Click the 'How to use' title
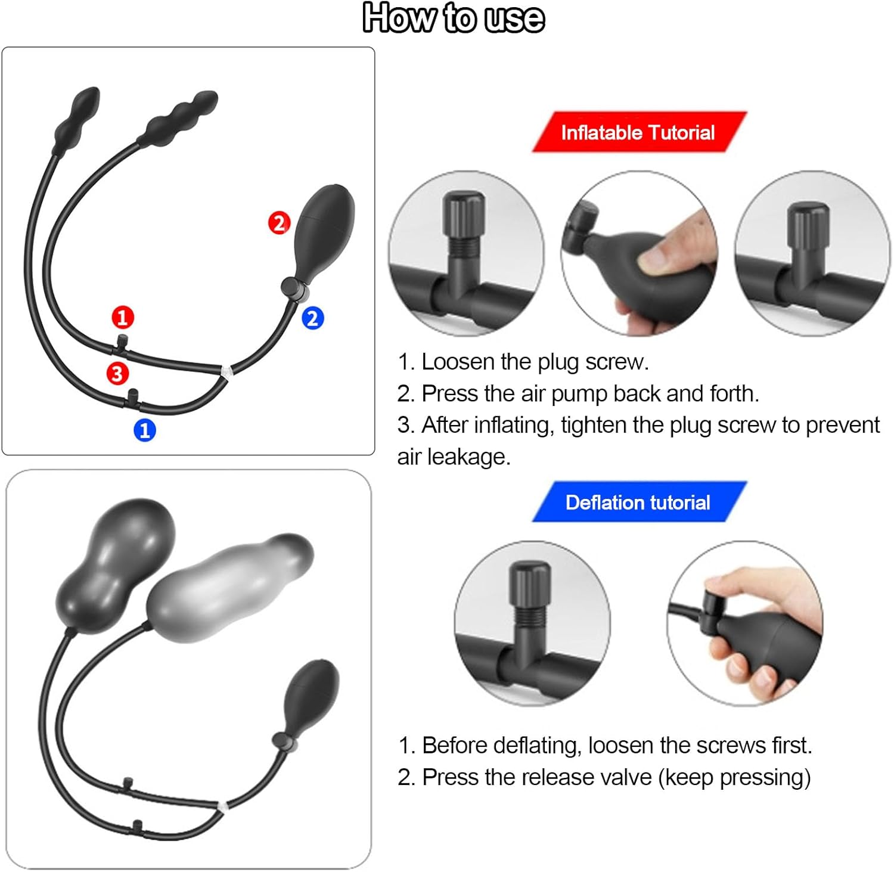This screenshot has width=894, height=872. pyautogui.click(x=453, y=18)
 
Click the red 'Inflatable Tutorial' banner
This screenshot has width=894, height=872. pyautogui.click(x=638, y=132)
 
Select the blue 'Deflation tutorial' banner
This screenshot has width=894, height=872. pyautogui.click(x=638, y=502)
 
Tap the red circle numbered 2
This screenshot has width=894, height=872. pyautogui.click(x=278, y=223)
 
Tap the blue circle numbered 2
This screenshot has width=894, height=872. pyautogui.click(x=312, y=318)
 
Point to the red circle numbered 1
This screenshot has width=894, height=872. pyautogui.click(x=123, y=317)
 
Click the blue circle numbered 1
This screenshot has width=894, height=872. pyautogui.click(x=144, y=430)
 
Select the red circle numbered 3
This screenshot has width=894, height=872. pyautogui.click(x=117, y=374)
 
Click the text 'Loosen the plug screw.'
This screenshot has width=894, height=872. pyautogui.click(x=535, y=362)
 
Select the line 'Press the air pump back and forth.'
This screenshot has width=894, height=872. pyautogui.click(x=590, y=393)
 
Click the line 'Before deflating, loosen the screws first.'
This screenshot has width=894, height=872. pyautogui.click(x=617, y=745)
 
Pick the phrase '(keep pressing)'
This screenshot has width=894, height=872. pyautogui.click(x=734, y=777)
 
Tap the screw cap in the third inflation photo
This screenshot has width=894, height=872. pyautogui.click(x=808, y=224)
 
